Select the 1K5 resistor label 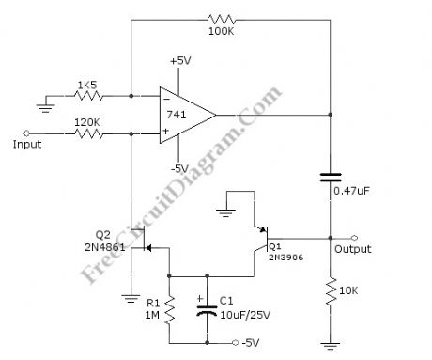pyautogui.click(x=86, y=85)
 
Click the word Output pyautogui.click(x=353, y=249)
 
